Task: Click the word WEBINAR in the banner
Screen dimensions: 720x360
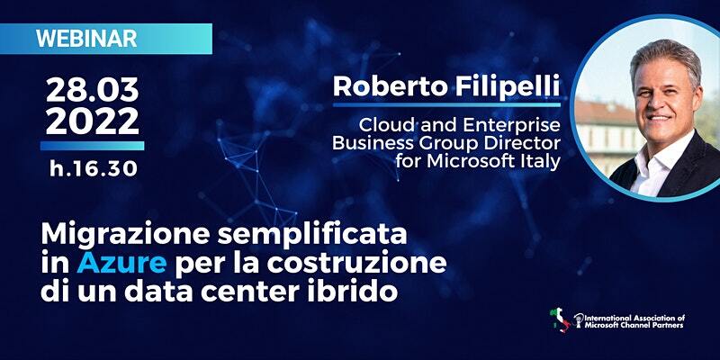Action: [86, 39]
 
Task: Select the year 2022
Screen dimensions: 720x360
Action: [93, 121]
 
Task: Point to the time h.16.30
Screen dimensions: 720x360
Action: [94, 168]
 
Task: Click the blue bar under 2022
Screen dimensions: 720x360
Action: [93, 146]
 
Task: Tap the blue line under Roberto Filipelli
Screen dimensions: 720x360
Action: [446, 105]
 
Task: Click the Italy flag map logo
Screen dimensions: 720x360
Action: [560, 320]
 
